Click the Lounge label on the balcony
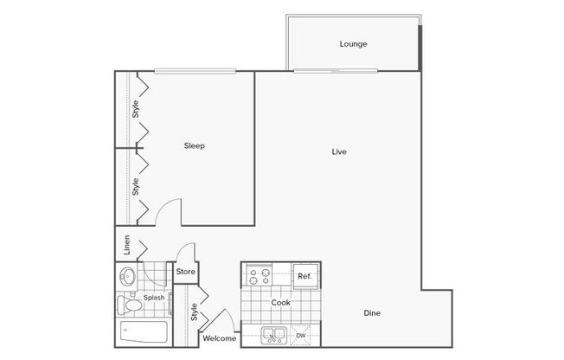pyautogui.click(x=353, y=44)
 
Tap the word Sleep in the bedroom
pyautogui.click(x=195, y=145)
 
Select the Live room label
pyautogui.click(x=339, y=152)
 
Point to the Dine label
pyautogui.click(x=372, y=313)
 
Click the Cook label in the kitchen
pyautogui.click(x=280, y=303)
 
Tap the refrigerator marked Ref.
pyautogui.click(x=305, y=276)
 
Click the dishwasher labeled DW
pyautogui.click(x=300, y=336)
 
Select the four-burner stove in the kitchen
pyautogui.click(x=260, y=276)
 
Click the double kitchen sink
pyautogui.click(x=273, y=335)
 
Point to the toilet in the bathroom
pyautogui.click(x=129, y=305)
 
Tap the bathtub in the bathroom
pyautogui.click(x=144, y=332)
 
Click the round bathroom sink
pyautogui.click(x=127, y=276)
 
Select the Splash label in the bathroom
pyautogui.click(x=154, y=298)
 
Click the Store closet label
pyautogui.click(x=186, y=272)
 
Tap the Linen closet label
pyautogui.click(x=126, y=245)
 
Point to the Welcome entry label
pyautogui.click(x=220, y=338)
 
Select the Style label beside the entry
pyautogui.click(x=195, y=312)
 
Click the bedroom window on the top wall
pyautogui.click(x=195, y=71)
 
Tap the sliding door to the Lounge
pyautogui.click(x=336, y=71)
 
